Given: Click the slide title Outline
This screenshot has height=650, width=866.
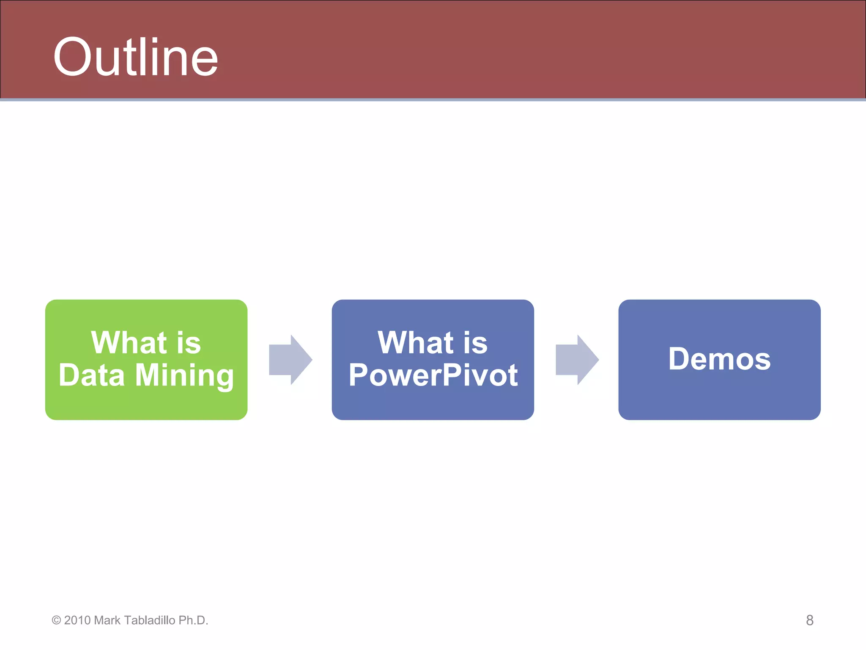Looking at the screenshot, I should point(135,57).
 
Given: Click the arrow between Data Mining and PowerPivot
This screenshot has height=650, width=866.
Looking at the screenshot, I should point(290,360).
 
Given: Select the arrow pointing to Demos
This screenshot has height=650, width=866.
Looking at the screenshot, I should point(577,360).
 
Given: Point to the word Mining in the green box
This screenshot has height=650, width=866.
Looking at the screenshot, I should point(184,376).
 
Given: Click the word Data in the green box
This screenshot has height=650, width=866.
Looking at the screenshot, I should point(92,375).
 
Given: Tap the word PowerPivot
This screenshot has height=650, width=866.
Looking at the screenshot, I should point(433,375).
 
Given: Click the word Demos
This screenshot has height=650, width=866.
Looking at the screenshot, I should point(719,359).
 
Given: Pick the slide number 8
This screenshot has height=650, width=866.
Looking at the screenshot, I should point(809,620).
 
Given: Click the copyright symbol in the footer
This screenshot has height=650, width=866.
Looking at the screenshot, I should point(56,620).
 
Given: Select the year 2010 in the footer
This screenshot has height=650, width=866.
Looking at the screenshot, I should point(77,620).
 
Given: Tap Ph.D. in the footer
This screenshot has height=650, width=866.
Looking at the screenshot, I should point(193,620).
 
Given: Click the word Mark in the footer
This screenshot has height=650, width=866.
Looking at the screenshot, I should point(107,620).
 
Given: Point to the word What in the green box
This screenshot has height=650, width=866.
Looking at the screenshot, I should point(129,343).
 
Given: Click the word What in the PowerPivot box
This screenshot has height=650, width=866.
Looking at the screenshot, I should point(416,343).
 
